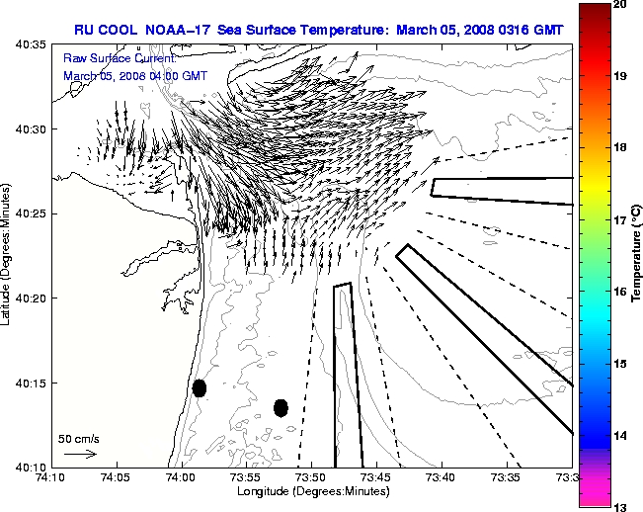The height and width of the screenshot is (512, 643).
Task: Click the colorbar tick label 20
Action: tap(621, 6)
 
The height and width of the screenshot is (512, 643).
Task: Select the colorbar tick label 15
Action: tap(621, 364)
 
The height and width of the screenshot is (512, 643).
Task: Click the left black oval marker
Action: tap(200, 387)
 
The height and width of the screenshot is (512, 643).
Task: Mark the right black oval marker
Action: tap(281, 407)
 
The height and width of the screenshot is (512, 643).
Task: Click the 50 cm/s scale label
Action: tap(79, 438)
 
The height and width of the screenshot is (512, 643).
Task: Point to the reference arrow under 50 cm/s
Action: tap(80, 454)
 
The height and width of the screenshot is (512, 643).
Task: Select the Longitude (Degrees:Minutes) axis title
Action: tap(311, 491)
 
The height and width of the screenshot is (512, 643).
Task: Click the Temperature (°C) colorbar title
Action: tap(638, 255)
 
